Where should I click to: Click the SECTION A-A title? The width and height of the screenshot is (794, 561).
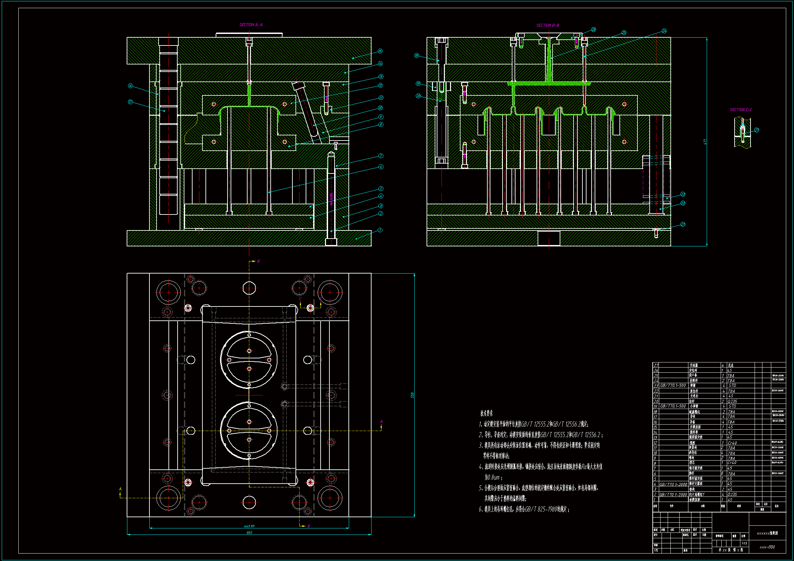pos(251,24)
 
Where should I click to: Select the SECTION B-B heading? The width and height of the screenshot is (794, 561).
pos(547,25)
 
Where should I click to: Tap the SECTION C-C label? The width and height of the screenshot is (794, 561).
pos(741,110)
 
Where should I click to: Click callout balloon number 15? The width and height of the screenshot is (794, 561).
pos(380,51)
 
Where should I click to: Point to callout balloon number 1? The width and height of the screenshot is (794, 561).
pos(380,230)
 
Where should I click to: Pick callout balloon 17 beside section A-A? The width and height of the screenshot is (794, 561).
pos(130,102)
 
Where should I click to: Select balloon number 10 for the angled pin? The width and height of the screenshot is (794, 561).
pos(380,108)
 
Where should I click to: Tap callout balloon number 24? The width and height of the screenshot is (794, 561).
pos(664,31)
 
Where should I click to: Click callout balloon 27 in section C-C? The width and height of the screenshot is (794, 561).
pos(757,130)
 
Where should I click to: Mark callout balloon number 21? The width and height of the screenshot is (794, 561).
pos(683,224)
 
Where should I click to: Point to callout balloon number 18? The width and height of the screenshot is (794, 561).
pos(417,55)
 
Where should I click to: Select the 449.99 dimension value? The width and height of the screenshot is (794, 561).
pos(249,526)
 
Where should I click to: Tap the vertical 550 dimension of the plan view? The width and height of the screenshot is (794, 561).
pos(412,395)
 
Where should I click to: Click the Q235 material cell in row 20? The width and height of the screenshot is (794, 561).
pos(732,401)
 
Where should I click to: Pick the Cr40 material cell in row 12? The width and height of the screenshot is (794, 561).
pos(732,443)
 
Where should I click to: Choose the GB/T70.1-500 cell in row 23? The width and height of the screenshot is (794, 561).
pos(673,386)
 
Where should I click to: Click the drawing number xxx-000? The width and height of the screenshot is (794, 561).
pos(767,547)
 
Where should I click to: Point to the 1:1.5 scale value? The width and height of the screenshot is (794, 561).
pos(744,543)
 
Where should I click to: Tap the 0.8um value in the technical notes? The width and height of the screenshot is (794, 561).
pos(492,478)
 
